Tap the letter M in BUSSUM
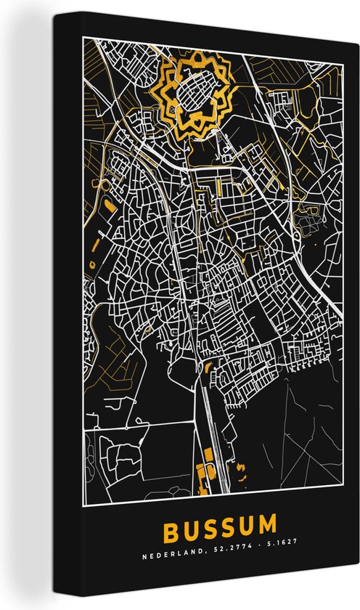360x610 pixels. pos(266,524)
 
